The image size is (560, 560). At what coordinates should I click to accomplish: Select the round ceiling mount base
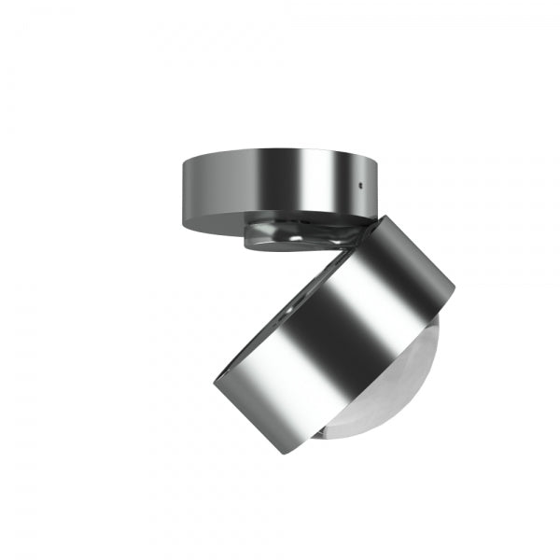280,187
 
